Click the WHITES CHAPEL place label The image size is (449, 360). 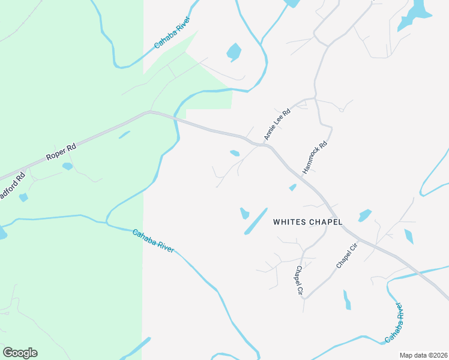(307, 222)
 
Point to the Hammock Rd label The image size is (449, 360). (314, 158)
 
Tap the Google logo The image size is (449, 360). (20, 353)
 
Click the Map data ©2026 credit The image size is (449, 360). (423, 355)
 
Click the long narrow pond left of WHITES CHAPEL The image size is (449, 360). (256, 221)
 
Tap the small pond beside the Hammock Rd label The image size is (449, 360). (292, 188)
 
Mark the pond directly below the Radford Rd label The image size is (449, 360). (23, 197)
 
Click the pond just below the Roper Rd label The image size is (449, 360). (67, 166)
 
